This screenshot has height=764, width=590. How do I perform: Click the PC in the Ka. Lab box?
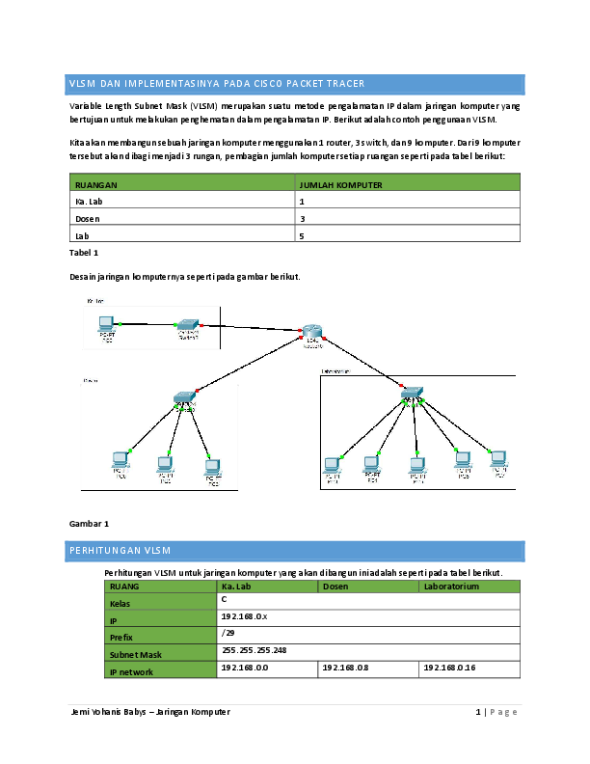[x=107, y=326]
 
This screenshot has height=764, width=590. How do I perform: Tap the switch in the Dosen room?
[x=184, y=396]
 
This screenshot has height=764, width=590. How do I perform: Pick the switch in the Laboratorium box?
[x=413, y=394]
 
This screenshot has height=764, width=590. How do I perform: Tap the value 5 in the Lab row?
[x=303, y=235]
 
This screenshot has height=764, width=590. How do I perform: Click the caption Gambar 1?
[x=91, y=523]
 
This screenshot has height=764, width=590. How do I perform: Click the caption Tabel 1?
[x=85, y=252]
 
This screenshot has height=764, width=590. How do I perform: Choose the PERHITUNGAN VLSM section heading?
[x=120, y=552]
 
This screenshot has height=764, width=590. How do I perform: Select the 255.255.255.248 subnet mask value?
[x=255, y=649]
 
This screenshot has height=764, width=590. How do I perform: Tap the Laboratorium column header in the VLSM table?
[x=451, y=586]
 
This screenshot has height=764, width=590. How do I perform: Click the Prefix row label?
[x=121, y=637]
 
